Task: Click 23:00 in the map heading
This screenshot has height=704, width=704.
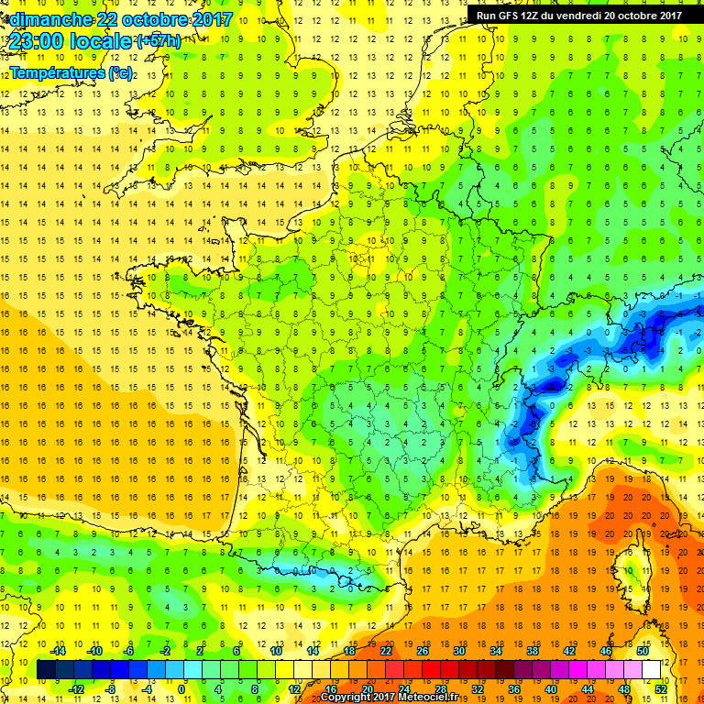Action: point(36,41)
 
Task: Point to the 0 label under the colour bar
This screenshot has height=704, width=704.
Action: point(181,689)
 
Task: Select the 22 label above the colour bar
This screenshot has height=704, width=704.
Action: point(385,651)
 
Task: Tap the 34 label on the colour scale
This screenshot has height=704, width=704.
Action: point(495,651)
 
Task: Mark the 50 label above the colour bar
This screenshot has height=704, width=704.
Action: point(642,651)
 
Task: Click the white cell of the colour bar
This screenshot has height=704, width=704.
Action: point(652,670)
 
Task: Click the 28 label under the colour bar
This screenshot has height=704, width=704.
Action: point(440,689)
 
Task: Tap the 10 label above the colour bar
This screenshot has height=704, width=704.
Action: point(275,651)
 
